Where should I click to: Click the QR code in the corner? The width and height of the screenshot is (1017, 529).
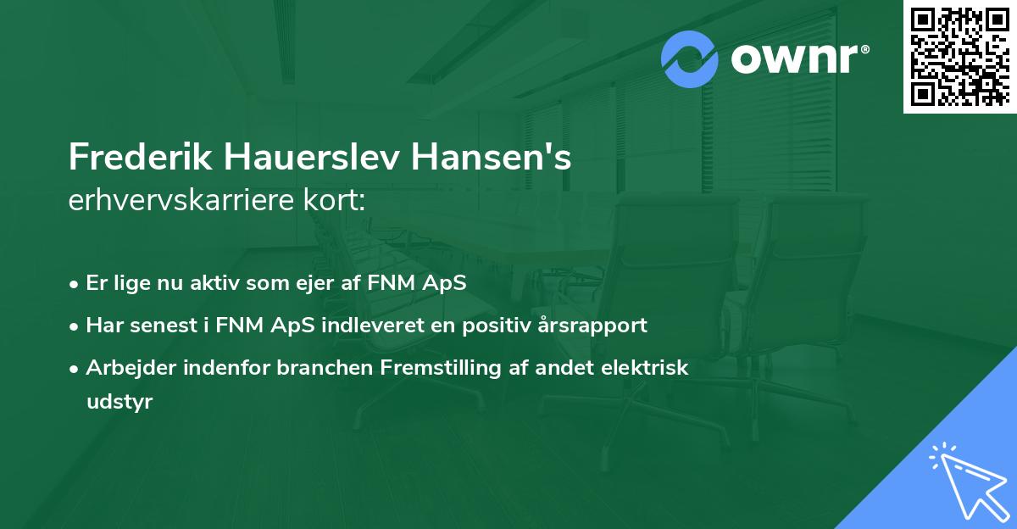[959, 57]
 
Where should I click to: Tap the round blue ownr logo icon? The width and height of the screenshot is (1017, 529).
[690, 59]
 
